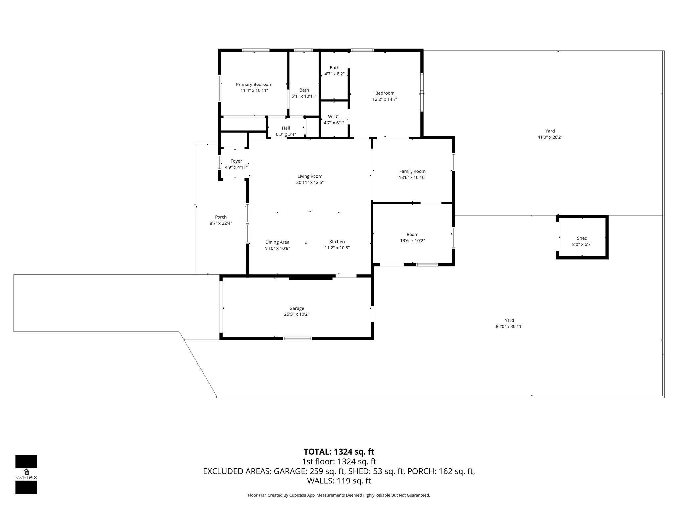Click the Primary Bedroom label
(x=254, y=85)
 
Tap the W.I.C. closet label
(x=334, y=117)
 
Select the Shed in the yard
(x=582, y=238)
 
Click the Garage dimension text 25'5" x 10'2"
(x=296, y=314)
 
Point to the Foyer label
(x=236, y=161)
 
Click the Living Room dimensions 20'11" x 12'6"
(x=310, y=182)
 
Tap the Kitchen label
(x=337, y=242)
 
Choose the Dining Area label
(x=277, y=242)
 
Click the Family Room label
(x=412, y=171)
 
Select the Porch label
(x=220, y=217)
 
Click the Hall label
(x=286, y=128)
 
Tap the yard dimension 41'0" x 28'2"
(x=550, y=137)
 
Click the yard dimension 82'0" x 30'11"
(x=509, y=326)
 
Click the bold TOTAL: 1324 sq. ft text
(x=339, y=452)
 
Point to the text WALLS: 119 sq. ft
(x=339, y=481)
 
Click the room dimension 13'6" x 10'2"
(x=412, y=241)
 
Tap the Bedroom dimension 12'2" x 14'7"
(x=385, y=99)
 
